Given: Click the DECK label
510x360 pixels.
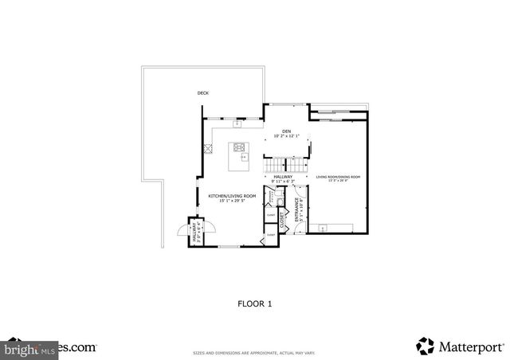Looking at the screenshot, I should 203,94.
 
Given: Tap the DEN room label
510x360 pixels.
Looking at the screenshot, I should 286,131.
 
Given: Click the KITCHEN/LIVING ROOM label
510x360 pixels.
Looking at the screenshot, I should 232,196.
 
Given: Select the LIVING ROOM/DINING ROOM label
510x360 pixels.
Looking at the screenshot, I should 338,177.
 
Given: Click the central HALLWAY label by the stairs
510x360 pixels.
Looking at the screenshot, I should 283,177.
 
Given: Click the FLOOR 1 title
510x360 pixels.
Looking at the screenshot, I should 255,303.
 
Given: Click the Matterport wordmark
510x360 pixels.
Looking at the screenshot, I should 471,346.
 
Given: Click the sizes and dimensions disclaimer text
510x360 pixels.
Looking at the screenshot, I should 255,353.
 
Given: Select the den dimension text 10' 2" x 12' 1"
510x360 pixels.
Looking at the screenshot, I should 286,136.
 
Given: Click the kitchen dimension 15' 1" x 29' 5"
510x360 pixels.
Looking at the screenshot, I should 232,201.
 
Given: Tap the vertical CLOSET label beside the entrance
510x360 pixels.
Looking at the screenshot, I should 283,220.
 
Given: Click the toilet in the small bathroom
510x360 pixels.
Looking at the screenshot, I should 271,201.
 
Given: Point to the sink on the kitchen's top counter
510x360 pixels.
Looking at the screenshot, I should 237,123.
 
